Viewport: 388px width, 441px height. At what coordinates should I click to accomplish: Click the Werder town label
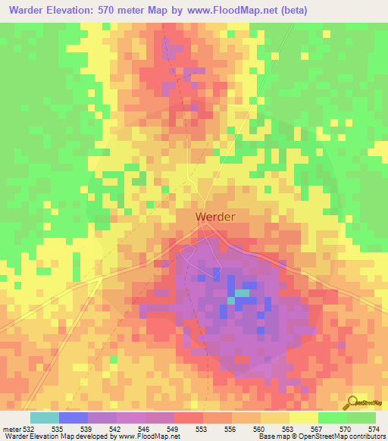coord(215,217)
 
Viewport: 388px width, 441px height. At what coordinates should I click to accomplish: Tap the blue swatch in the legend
coord(73,418)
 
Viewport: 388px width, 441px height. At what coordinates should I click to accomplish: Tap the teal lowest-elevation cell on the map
coord(242,292)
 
